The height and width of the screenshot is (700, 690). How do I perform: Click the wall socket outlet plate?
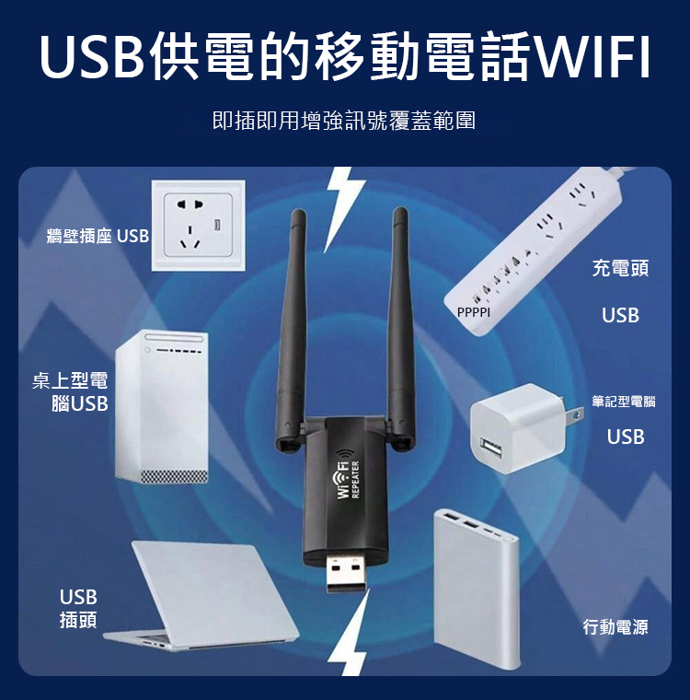pyautogui.click(x=199, y=225)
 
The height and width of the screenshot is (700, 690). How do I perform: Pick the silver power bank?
pyautogui.click(x=476, y=585)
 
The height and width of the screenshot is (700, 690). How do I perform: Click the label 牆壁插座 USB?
pyautogui.click(x=98, y=237)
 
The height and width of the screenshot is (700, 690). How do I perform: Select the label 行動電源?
pyautogui.click(x=615, y=627)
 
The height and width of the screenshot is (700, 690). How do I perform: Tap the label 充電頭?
pyautogui.click(x=620, y=268)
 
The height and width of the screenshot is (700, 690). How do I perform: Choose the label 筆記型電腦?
pyautogui.click(x=623, y=402)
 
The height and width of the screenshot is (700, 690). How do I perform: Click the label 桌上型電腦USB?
pyautogui.click(x=72, y=392)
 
